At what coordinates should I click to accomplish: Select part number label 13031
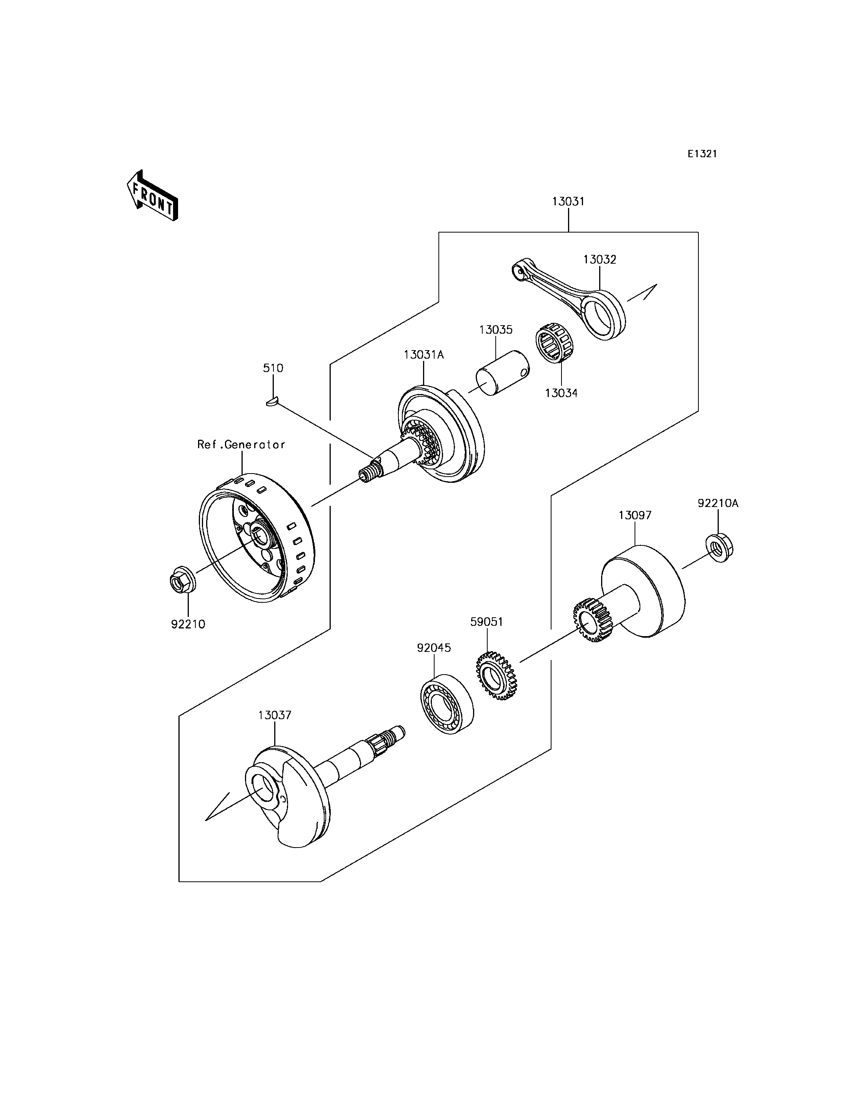(568, 202)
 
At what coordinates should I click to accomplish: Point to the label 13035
(496, 330)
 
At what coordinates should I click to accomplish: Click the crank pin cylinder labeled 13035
(502, 373)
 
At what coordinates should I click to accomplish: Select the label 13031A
(424, 355)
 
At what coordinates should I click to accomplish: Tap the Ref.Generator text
(242, 444)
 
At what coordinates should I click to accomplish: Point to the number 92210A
(718, 503)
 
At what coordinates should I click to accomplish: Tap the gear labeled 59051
(496, 676)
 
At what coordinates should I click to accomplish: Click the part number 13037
(275, 715)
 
